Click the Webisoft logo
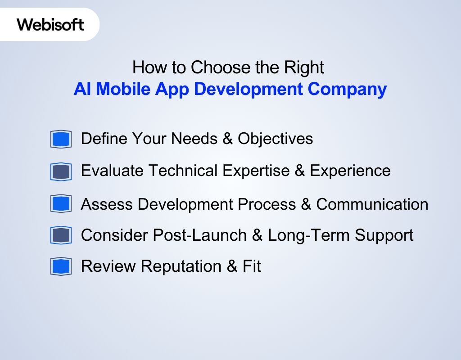click(50, 24)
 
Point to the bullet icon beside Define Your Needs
click(61, 139)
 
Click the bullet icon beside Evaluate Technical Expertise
click(61, 171)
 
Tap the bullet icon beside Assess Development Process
click(61, 204)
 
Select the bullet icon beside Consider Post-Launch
click(61, 235)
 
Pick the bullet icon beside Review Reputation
click(61, 266)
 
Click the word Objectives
click(275, 139)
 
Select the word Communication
click(372, 204)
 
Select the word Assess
click(107, 204)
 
